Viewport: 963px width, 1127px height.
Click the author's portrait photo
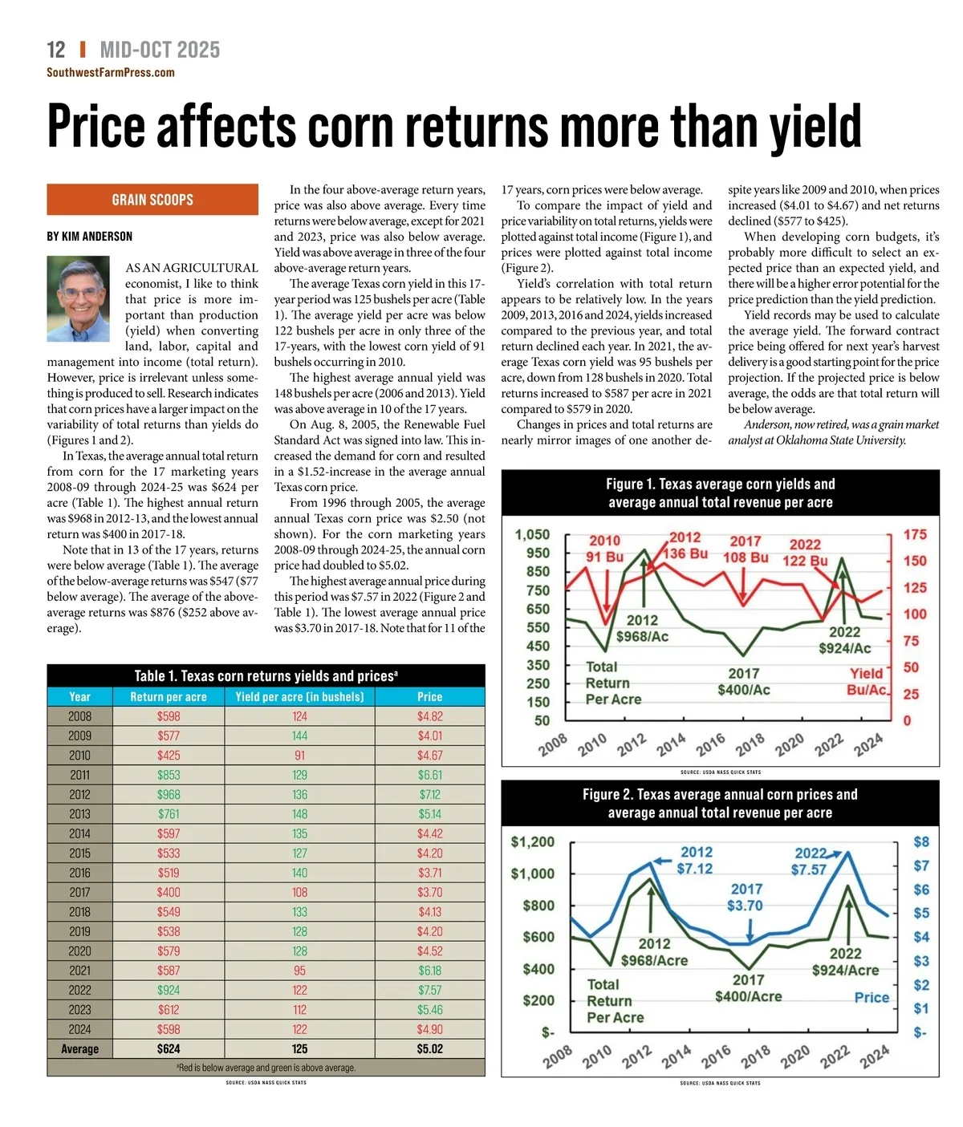tap(78, 298)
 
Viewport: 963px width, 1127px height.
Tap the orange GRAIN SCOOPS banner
tap(152, 200)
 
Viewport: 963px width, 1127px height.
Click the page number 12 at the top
tap(56, 51)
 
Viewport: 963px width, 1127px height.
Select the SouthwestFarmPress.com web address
tap(111, 73)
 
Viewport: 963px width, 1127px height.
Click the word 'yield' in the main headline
tap(815, 128)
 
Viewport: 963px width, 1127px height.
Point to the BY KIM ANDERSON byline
tap(90, 237)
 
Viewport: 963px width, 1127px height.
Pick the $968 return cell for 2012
tap(169, 794)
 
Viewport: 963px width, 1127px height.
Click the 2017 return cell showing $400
tap(169, 892)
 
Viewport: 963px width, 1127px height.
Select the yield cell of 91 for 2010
tap(299, 756)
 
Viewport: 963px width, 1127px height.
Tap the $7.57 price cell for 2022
tap(429, 990)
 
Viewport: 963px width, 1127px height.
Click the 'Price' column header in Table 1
tap(429, 697)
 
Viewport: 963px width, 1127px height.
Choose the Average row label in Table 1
tap(79, 1048)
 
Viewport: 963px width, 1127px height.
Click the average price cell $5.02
tap(429, 1048)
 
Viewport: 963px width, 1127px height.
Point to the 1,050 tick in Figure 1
tap(532, 535)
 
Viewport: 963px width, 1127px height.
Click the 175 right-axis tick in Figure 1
tap(915, 535)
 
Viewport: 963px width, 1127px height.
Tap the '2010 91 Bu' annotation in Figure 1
tap(604, 549)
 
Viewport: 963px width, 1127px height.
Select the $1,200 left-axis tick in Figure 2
tap(532, 842)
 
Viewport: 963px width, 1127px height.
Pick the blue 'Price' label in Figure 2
tap(872, 997)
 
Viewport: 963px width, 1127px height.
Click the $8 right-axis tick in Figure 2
tap(921, 842)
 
